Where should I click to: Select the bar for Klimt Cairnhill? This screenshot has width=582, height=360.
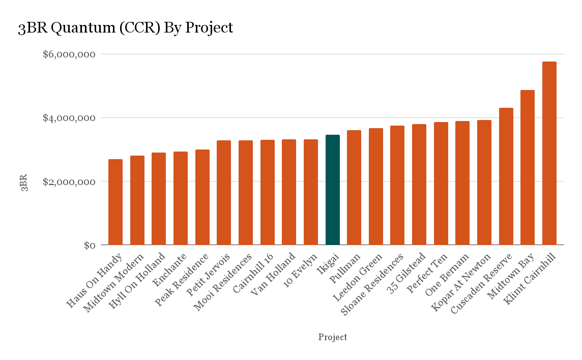(x=549, y=153)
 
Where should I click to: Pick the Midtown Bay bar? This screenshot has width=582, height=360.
(x=528, y=167)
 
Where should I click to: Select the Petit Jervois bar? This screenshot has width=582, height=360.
(x=224, y=193)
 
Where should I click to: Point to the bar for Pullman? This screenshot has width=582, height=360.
(x=354, y=188)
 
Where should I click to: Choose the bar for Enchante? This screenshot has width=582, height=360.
(x=181, y=198)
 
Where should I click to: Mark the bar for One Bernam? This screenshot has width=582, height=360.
(x=462, y=183)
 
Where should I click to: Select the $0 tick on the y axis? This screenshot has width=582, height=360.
(x=90, y=246)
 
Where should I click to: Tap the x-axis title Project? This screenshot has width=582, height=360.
(x=333, y=337)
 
